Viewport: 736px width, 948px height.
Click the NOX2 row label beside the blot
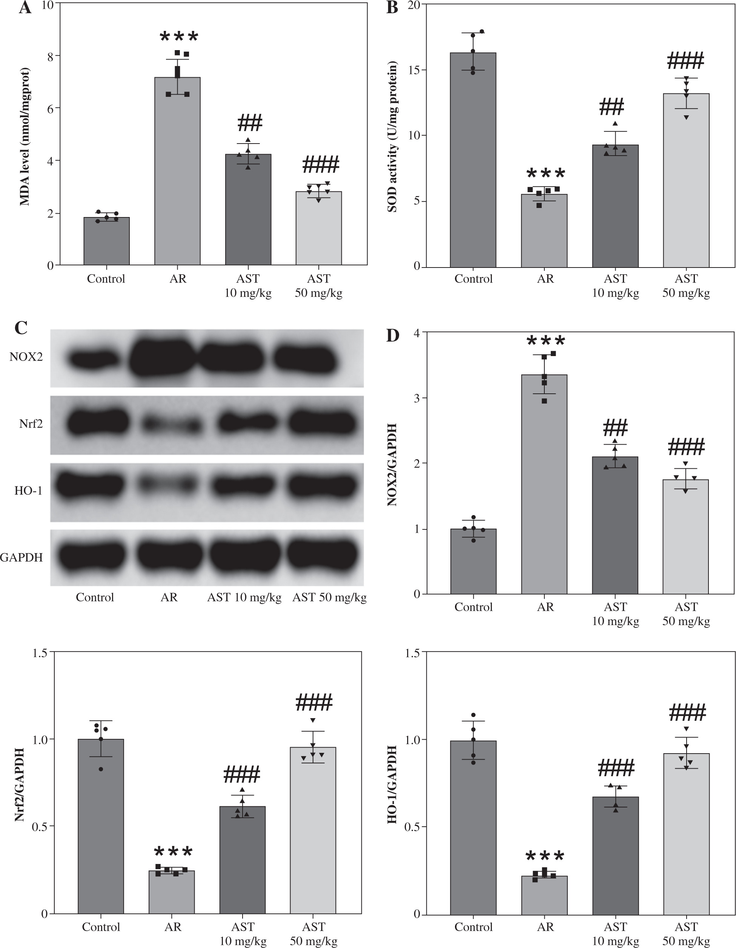tap(26, 357)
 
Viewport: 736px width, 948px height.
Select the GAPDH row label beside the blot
tap(22, 557)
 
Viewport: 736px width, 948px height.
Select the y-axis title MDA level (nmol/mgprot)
tap(25, 136)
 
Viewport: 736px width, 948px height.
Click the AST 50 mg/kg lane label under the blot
tap(329, 598)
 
